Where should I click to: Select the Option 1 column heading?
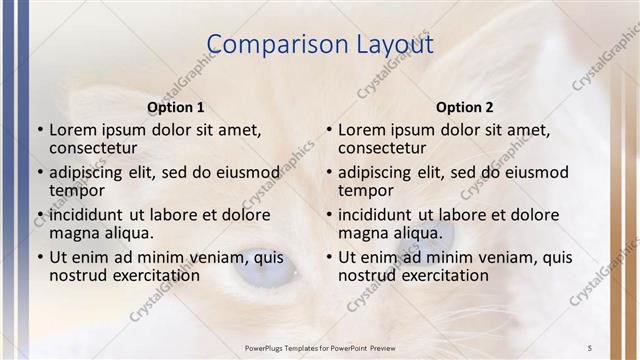tap(176, 107)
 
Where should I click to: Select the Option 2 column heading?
tap(465, 107)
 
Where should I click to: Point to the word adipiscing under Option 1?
tap(90, 172)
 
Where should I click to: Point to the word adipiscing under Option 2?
tap(379, 172)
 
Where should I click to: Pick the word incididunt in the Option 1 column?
tap(86, 214)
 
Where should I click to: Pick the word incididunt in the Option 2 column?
tap(375, 214)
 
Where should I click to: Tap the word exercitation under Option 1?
tap(156, 275)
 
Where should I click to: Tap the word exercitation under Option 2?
tap(445, 275)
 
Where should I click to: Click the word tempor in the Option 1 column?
tap(77, 190)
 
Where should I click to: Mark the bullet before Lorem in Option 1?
tap(40, 130)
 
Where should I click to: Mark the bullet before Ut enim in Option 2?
tap(329, 257)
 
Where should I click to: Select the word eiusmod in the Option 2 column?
tap(522, 172)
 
